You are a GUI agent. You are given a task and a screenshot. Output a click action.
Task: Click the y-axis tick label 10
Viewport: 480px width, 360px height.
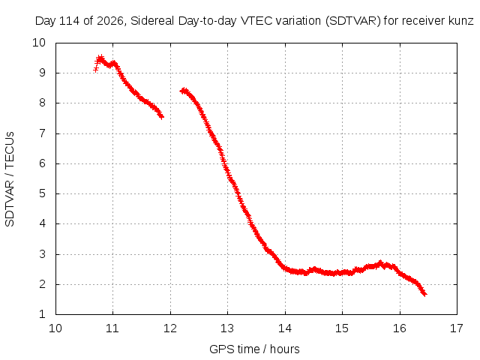39,43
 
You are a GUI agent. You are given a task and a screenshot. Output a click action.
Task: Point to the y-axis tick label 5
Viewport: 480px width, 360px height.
42,193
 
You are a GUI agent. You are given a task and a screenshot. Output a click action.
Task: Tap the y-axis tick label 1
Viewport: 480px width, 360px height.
42,314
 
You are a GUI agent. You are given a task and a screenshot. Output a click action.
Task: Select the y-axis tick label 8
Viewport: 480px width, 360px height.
42,103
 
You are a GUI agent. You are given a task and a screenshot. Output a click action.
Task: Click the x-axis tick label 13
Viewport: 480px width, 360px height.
227,328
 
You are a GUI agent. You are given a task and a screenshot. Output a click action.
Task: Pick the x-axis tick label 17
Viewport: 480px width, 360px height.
457,328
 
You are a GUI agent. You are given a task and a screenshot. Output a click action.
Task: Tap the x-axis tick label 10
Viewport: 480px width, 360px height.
55,328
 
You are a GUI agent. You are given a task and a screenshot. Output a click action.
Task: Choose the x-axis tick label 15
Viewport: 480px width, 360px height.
342,328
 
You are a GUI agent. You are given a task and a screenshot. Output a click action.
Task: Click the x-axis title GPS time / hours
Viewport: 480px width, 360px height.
254,349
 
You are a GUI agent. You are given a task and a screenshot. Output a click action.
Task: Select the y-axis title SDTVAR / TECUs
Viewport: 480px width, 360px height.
10,179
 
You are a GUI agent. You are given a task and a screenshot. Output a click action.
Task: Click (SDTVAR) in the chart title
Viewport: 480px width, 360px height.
353,21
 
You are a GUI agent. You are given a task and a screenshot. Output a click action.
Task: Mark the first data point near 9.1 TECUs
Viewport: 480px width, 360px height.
95,70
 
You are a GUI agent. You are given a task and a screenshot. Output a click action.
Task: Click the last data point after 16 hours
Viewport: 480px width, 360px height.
424,294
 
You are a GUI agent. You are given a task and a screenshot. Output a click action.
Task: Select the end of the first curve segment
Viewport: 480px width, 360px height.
162,116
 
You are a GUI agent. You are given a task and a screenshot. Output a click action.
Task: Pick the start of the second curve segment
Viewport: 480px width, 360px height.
181,91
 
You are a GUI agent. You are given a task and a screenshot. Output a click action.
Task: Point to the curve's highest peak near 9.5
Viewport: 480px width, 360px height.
100,58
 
